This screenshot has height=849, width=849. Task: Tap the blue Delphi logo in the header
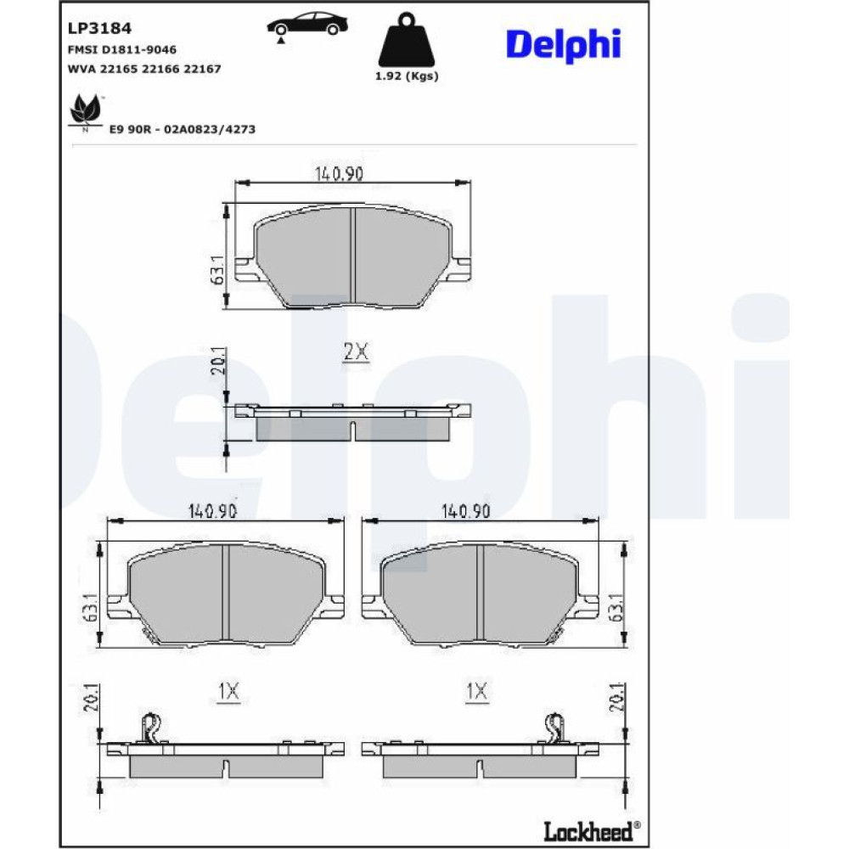click(x=563, y=45)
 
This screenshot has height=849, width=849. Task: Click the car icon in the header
click(x=307, y=26)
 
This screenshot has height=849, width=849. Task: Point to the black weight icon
click(x=406, y=39)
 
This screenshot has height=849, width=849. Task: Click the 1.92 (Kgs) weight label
click(x=407, y=76)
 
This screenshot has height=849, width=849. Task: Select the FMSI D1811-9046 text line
click(x=121, y=50)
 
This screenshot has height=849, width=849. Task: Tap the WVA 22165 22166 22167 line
click(x=144, y=69)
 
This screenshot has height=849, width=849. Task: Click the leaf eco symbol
click(x=86, y=112)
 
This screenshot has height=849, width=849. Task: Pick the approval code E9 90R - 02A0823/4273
click(x=183, y=129)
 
